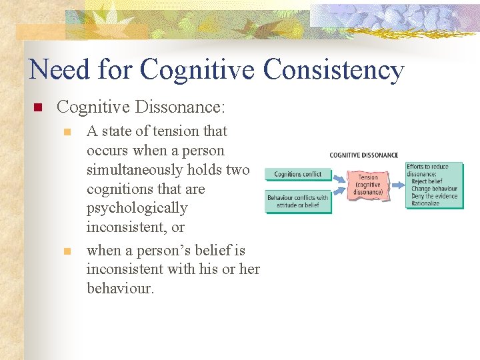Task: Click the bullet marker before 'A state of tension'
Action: (66, 132)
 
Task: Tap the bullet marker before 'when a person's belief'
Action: (66, 251)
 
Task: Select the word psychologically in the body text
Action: (137, 208)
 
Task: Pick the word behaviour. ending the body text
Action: (119, 289)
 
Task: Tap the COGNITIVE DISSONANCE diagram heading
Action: (363, 155)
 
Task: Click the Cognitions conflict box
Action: (297, 175)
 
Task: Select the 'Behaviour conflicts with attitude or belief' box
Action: (297, 201)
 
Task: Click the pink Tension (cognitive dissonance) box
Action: (369, 186)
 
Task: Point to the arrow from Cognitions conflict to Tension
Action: (340, 178)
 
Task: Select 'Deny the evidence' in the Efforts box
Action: (435, 196)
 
